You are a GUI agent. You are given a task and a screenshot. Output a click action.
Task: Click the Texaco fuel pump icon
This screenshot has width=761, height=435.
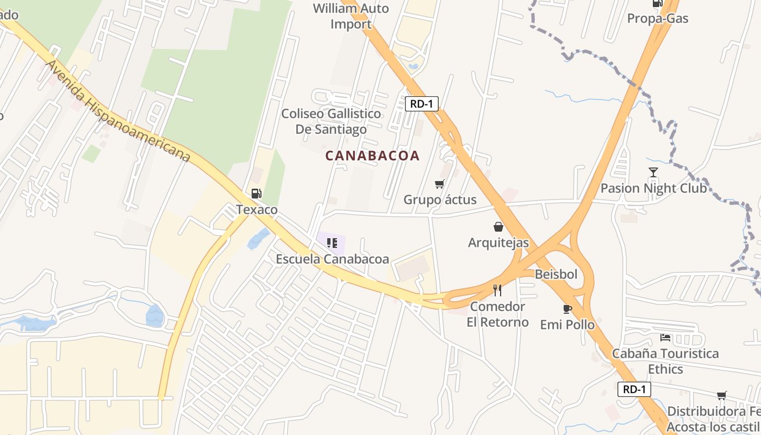[x=257, y=194]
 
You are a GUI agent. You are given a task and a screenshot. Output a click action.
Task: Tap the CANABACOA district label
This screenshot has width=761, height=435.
[x=372, y=156]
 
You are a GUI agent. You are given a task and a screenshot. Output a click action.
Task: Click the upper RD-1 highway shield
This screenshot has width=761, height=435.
[x=421, y=103]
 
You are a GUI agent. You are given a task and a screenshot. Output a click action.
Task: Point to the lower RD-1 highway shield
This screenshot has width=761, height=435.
[x=634, y=389]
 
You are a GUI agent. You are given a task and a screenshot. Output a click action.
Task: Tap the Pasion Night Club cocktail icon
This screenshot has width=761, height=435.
[x=653, y=172]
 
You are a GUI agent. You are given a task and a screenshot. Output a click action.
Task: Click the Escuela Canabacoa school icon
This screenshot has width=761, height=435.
[x=332, y=243]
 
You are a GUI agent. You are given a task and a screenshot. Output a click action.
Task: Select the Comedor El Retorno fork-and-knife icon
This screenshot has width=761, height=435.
[x=497, y=290]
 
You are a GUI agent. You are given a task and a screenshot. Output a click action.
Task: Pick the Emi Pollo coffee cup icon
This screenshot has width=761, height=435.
[x=567, y=309]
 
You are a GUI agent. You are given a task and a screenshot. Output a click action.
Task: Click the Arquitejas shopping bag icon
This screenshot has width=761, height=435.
[x=498, y=227]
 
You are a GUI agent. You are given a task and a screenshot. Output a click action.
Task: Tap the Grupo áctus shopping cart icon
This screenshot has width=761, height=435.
[x=440, y=184]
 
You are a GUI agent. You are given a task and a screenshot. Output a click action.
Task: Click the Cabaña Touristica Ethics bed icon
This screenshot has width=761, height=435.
[x=665, y=338]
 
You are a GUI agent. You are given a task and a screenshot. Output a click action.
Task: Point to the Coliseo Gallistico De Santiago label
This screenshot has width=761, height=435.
[x=331, y=121]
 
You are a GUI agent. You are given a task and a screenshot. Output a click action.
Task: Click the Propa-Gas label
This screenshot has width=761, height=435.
[x=658, y=18]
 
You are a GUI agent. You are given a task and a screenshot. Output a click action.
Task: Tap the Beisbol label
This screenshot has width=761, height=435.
[x=556, y=274]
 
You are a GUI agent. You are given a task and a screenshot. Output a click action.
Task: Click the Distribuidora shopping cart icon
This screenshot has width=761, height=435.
[x=722, y=395]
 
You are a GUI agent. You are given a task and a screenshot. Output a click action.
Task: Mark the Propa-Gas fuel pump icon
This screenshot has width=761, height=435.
[x=658, y=3]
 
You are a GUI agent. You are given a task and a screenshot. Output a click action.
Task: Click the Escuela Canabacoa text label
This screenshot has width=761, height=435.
[x=332, y=259]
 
